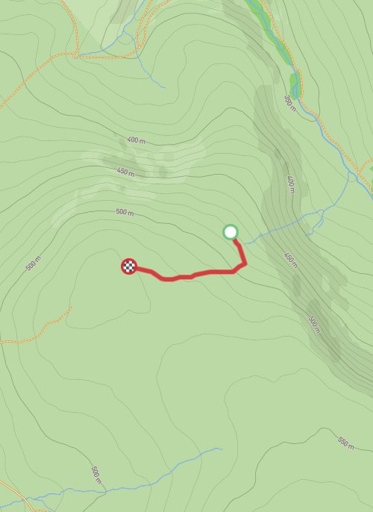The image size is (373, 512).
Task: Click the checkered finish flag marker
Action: tap(129, 266)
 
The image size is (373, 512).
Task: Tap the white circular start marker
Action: tap(231, 232)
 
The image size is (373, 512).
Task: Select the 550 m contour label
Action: tap(345, 442)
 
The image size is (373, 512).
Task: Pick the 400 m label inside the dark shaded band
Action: tap(291, 183)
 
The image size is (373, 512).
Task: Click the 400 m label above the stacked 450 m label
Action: tap(136, 140)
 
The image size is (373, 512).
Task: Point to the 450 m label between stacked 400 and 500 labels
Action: tap(125, 172)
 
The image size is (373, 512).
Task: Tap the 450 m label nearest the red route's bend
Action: tap(290, 259)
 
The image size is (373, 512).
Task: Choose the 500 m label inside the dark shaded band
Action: tap(313, 323)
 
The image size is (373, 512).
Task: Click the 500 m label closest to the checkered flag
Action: tap(125, 213)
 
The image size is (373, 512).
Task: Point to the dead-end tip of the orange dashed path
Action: tap(70, 307)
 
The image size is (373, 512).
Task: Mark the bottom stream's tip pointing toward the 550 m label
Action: tap(222, 449)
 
